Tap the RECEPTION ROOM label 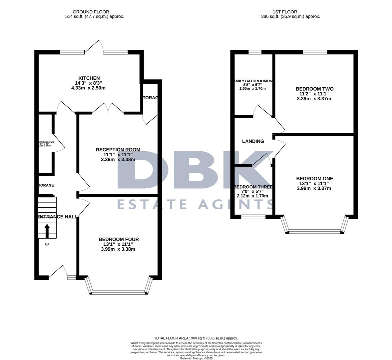[x=118, y=150]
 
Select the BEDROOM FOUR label [x=119, y=239]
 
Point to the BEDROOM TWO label [x=314, y=89]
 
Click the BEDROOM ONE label [x=314, y=179]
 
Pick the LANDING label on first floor [x=253, y=141]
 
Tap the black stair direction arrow [x=47, y=231]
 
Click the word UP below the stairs [x=47, y=244]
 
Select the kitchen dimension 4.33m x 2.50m [x=88, y=88]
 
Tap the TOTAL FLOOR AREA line [x=196, y=338]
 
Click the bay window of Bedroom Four [x=119, y=292]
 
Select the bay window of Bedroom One [x=315, y=231]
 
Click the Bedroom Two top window [x=315, y=52]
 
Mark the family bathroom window [x=255, y=52]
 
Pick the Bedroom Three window [x=253, y=217]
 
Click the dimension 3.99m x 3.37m [x=314, y=188]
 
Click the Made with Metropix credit [x=196, y=358]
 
